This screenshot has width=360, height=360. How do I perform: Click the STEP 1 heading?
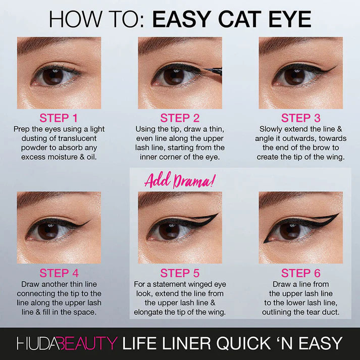tap(59, 118)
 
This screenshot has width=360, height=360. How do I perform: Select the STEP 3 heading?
tap(300, 118)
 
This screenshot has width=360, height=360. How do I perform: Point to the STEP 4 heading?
tap(59, 273)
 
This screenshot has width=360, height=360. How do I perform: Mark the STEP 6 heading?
tap(300, 273)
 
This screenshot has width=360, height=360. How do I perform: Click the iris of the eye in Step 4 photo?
tap(48, 231)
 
